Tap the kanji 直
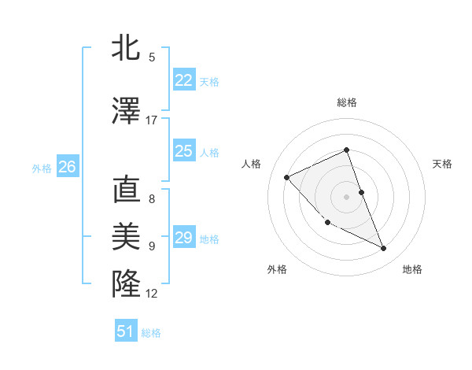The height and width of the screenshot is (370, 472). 126,190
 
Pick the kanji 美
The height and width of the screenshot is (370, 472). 126,237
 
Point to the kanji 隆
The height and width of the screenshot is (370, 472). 126,283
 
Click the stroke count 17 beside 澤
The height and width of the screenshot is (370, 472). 152,120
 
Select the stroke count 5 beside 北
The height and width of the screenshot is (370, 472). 152,57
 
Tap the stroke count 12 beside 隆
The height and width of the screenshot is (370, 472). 152,294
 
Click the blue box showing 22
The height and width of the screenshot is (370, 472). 183,80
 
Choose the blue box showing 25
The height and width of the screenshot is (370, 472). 183,151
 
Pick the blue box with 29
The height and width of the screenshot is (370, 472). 183,237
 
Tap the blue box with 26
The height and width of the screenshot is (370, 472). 67,167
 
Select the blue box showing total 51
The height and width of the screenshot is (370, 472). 126,331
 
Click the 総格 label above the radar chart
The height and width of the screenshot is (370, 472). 346,102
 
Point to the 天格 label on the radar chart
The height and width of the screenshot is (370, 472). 442,164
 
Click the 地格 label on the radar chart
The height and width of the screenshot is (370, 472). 412,269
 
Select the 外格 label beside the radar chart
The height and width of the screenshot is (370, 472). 277,269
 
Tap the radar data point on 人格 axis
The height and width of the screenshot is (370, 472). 287,177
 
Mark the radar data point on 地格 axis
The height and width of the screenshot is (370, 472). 384,249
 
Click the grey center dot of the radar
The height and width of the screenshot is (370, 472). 346,196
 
